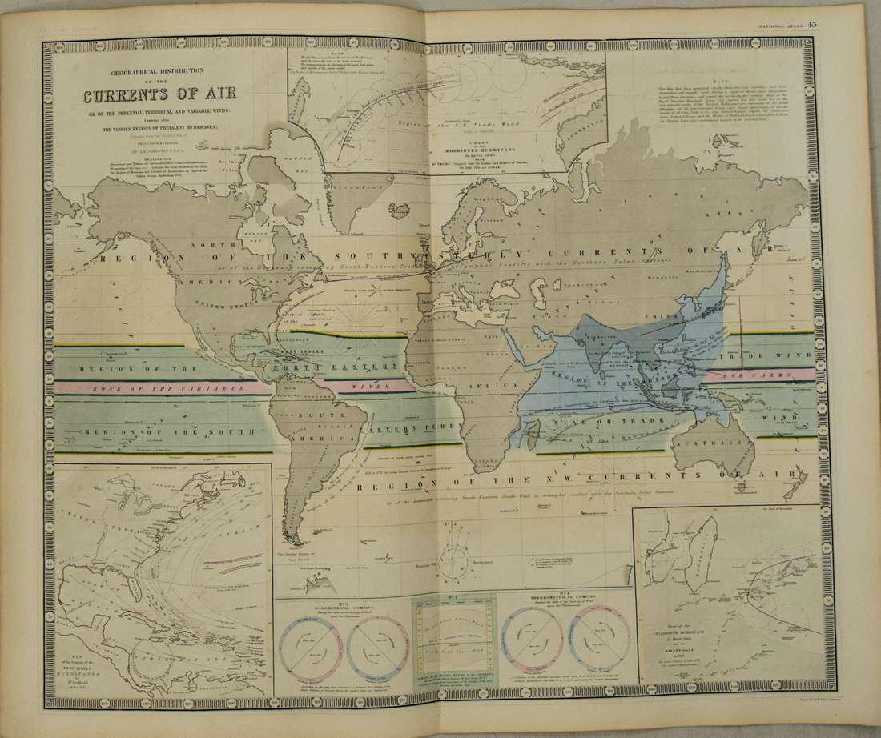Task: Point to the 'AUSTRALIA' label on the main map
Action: point(708,443)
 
